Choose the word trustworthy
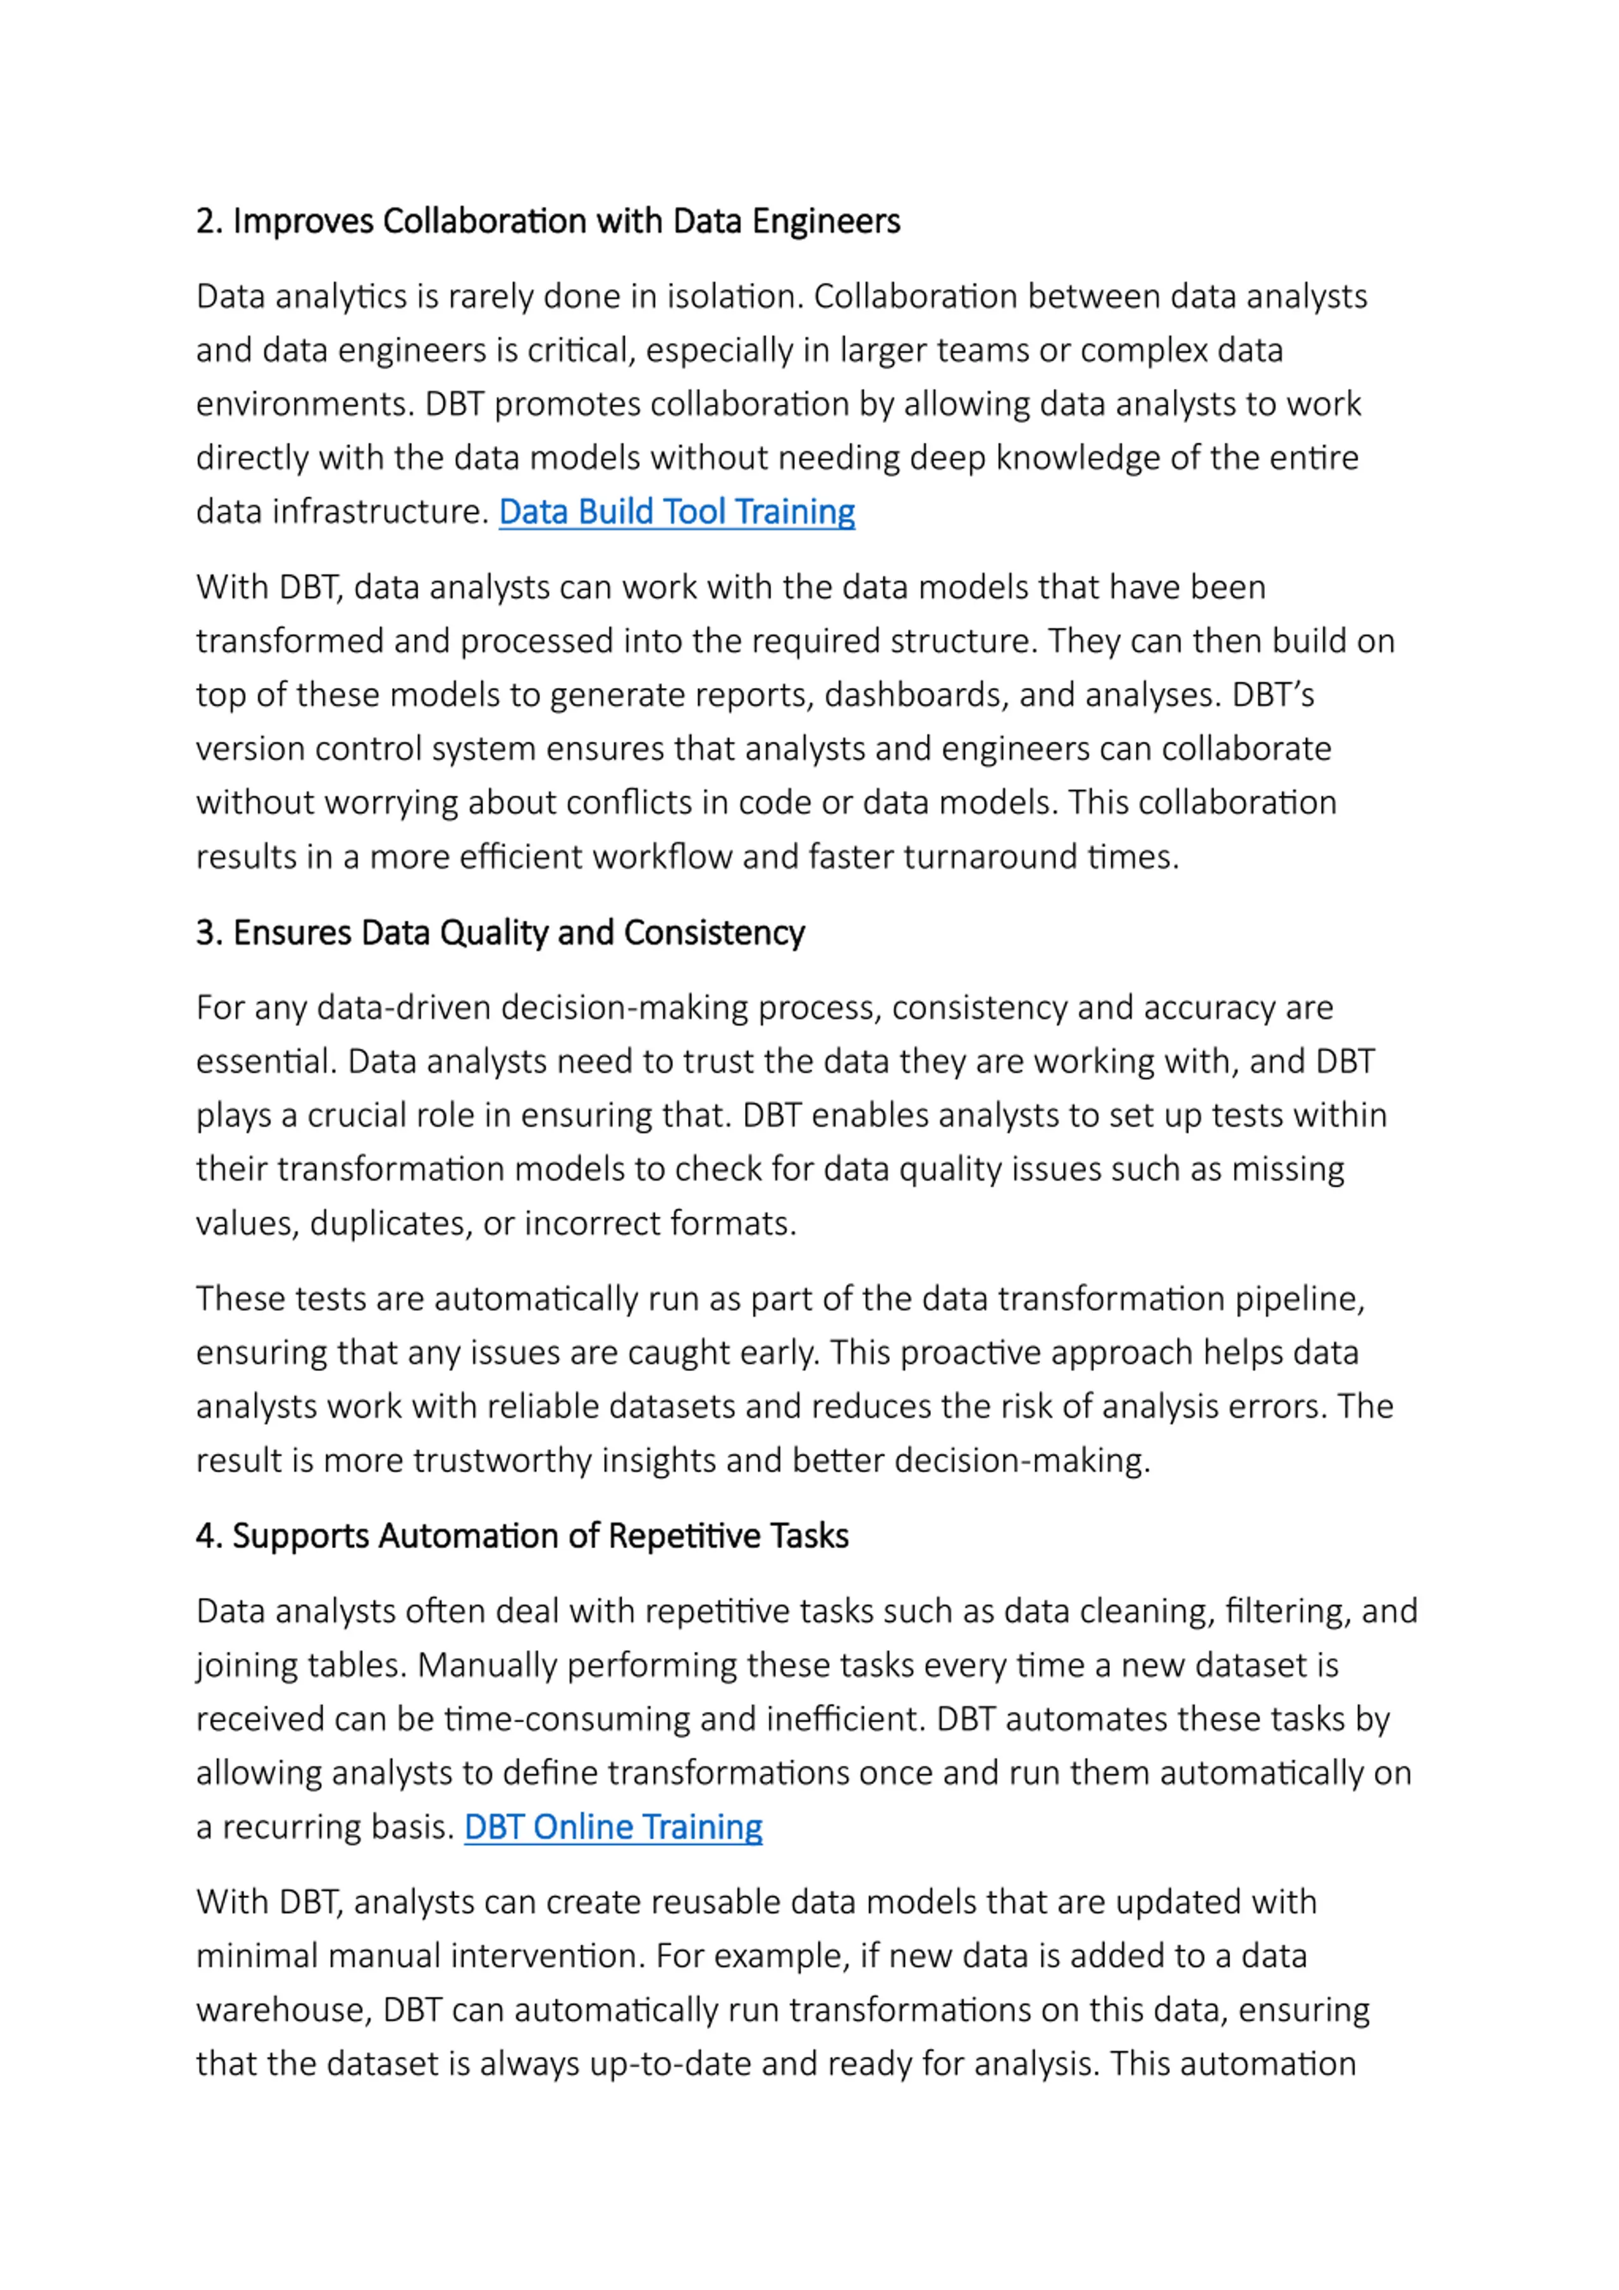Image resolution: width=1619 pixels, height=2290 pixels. (x=501, y=1460)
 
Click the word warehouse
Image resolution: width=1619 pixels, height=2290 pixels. (x=285, y=2010)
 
